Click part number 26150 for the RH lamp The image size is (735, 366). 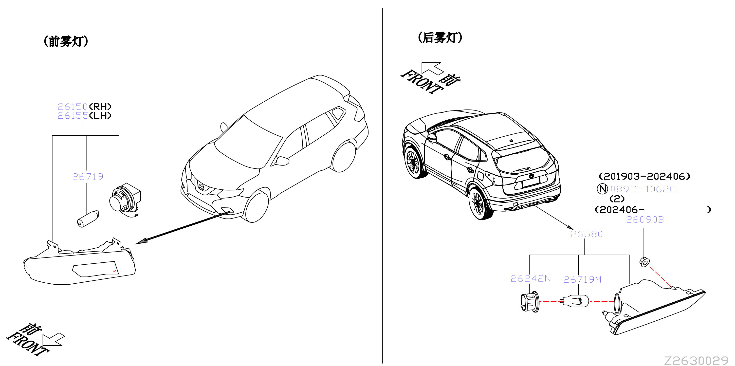pyautogui.click(x=73, y=107)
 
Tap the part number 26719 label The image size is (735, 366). pyautogui.click(x=88, y=177)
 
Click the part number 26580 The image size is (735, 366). pyautogui.click(x=586, y=234)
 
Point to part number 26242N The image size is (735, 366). pyautogui.click(x=531, y=278)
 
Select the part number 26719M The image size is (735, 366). pyautogui.click(x=582, y=279)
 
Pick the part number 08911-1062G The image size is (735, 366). pyautogui.click(x=643, y=189)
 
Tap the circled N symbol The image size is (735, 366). pyautogui.click(x=602, y=189)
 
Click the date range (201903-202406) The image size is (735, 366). pyautogui.click(x=644, y=176)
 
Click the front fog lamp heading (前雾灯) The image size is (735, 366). pyautogui.click(x=66, y=41)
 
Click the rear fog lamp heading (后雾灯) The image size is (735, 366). pyautogui.click(x=440, y=38)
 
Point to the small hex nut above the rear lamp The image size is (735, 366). pyautogui.click(x=644, y=262)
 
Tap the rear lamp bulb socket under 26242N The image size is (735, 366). pyautogui.click(x=530, y=302)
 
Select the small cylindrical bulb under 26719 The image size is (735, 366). pyautogui.click(x=88, y=219)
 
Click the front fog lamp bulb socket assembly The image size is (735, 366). pyautogui.click(x=125, y=200)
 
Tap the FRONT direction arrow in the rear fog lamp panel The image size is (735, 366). pyautogui.click(x=432, y=69)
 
